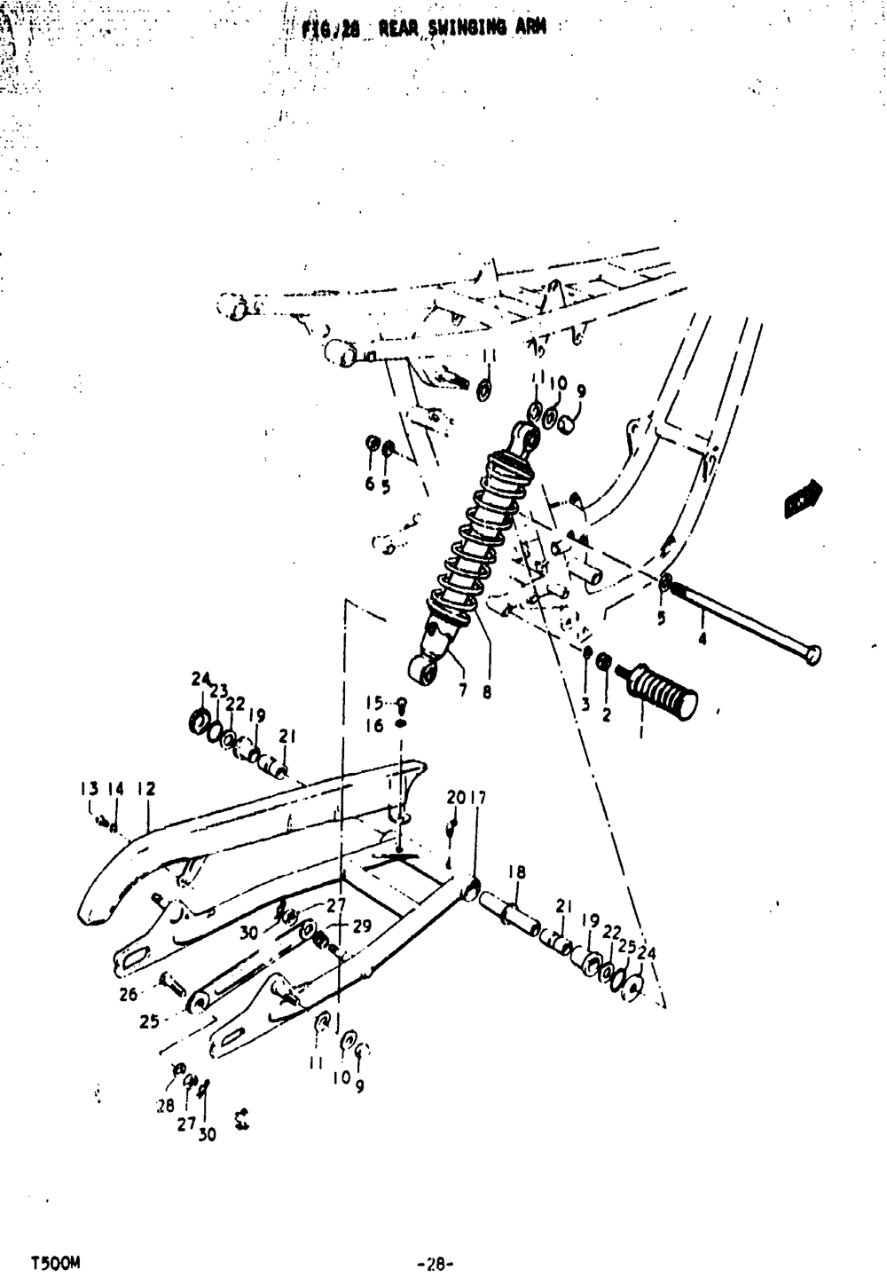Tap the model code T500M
pos(58,1261)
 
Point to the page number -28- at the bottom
pos(435,1262)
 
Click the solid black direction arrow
pos(803,497)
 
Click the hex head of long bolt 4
pos(812,655)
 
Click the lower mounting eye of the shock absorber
pos(424,671)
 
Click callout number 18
pos(517,872)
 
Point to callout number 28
pos(166,1107)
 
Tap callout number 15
pos(375,704)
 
